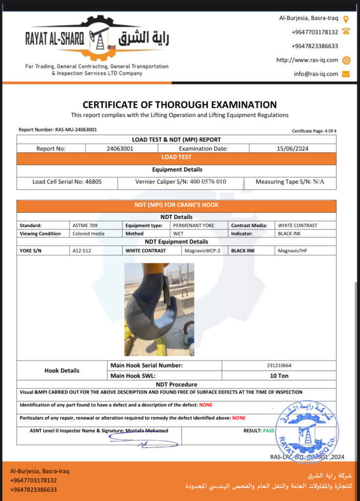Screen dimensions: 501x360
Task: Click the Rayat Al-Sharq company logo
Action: tap(97, 39)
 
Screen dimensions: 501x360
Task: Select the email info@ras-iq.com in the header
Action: tap(316, 74)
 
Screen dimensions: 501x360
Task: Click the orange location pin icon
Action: tap(346, 19)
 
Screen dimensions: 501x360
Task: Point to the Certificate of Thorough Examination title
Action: tap(180, 105)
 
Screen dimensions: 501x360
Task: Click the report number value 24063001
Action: tap(120, 148)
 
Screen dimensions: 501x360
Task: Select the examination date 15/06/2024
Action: tap(292, 148)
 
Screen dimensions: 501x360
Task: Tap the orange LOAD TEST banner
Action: tap(177, 158)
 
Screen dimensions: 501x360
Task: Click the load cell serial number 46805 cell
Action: tap(67, 182)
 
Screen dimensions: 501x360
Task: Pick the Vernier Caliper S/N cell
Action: tap(180, 182)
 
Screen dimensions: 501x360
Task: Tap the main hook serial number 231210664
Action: tap(279, 365)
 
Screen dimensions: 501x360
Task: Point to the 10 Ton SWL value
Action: tap(279, 376)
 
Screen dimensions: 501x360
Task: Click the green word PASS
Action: tap(269, 431)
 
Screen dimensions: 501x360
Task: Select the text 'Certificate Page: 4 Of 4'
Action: tap(314, 131)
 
